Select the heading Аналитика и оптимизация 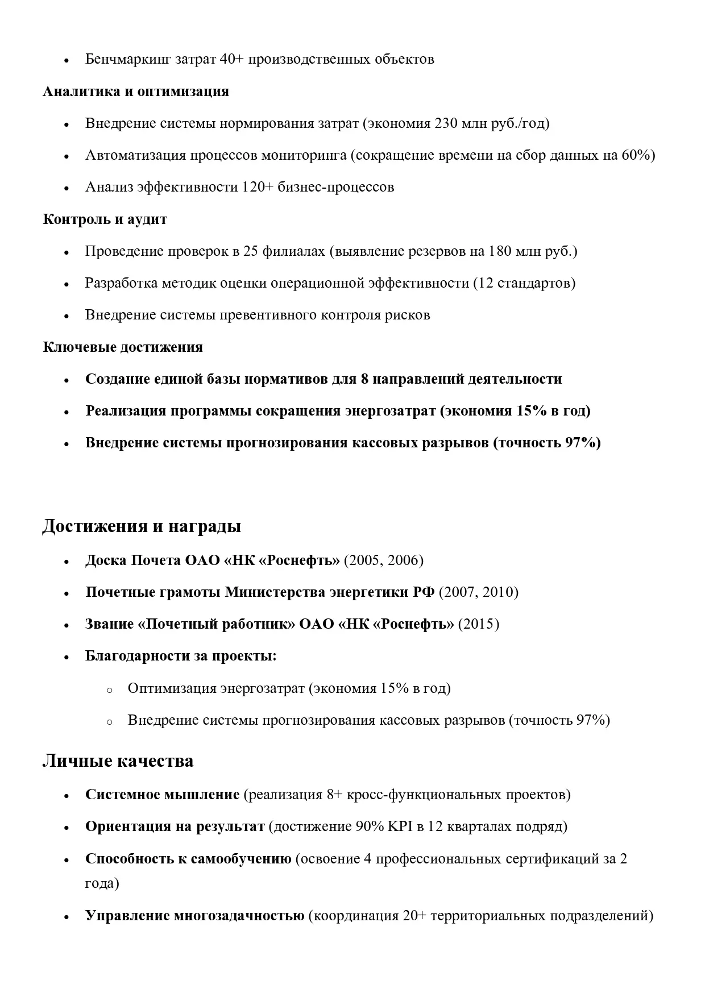(136, 92)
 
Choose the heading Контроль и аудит (105, 219)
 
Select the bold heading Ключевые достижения (123, 347)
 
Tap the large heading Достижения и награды (142, 526)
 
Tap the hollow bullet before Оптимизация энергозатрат (110, 690)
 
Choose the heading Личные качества (118, 761)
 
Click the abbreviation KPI (400, 826)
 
